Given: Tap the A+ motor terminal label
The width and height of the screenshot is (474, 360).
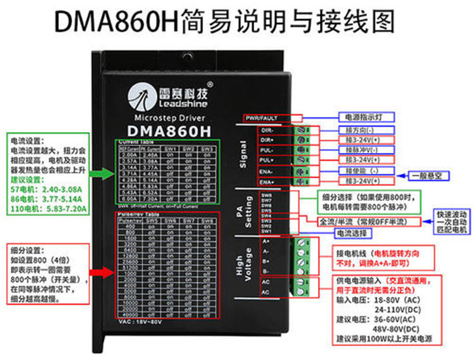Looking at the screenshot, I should tap(265, 242).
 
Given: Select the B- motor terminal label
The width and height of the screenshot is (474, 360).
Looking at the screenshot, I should tap(265, 271).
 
